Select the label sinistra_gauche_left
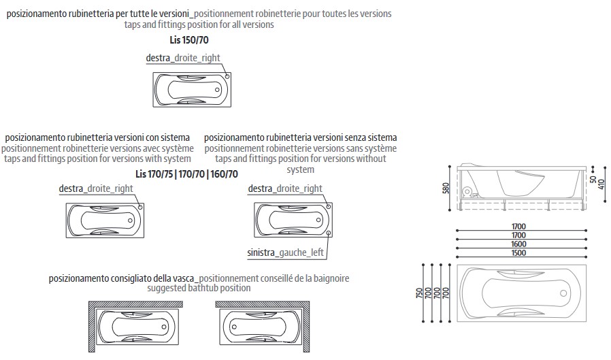click(285, 253)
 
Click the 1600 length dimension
click(521, 244)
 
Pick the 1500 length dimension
click(521, 253)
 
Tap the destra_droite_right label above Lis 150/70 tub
click(183, 58)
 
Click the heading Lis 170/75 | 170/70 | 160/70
click(186, 174)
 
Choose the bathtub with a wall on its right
click(260, 326)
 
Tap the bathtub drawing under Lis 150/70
click(188, 88)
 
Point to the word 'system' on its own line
click(300, 169)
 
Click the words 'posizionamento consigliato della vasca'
click(122, 278)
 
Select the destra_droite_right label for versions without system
click(285, 189)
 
